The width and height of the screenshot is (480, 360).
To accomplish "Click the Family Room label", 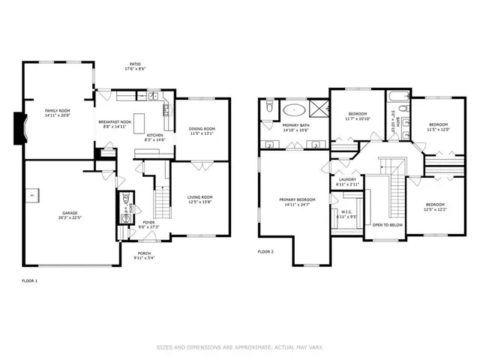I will pos(57,111).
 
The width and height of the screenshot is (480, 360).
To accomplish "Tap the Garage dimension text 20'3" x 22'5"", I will pos(70,219).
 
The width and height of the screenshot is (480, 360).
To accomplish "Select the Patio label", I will pos(135,65).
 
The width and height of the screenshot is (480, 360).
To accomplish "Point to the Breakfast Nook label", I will pos(114,121).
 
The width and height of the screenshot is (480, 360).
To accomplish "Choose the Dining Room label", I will pos(202,128).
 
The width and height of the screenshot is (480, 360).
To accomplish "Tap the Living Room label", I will pos(200,196).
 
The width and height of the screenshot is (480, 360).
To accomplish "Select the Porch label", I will pos(144,253).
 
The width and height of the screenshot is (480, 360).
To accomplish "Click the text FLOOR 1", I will pos(29,280).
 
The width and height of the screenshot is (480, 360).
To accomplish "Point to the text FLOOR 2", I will pos(265,251).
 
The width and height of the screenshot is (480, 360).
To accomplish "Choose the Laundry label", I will pos(347,179).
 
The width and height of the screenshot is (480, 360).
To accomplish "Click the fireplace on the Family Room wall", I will pos(21,126).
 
